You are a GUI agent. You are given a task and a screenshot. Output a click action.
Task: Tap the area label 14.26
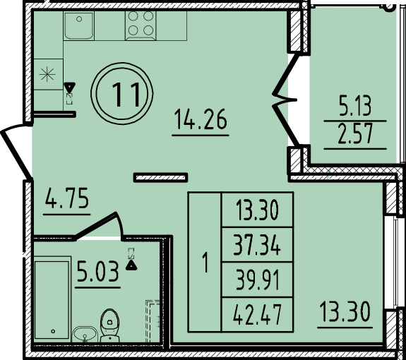pyautogui.click(x=201, y=121)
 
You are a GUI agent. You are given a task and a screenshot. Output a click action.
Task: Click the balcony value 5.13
pyautogui.click(x=355, y=106)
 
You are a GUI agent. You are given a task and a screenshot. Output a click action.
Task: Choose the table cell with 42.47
pyautogui.click(x=256, y=314)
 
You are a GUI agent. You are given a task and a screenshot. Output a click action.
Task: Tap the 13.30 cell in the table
pyautogui.click(x=256, y=210)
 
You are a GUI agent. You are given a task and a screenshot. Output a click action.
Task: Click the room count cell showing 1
pyautogui.click(x=205, y=263)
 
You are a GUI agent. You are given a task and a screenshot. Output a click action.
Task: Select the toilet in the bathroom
pyautogui.click(x=110, y=326)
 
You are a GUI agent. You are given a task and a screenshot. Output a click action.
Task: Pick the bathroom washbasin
pyautogui.click(x=86, y=333)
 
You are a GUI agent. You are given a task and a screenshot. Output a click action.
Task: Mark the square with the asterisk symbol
pyautogui.click(x=47, y=76)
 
